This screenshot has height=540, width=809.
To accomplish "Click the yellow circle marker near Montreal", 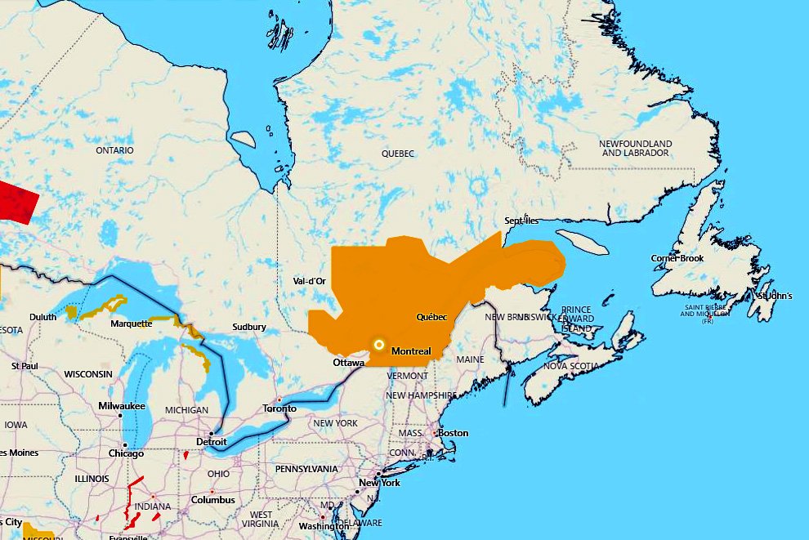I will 378,345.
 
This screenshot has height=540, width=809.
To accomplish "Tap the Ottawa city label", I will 347,362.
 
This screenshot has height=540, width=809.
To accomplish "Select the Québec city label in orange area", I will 431,317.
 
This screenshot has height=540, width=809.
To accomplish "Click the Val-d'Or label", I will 309,281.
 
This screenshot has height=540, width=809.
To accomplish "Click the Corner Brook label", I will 677,258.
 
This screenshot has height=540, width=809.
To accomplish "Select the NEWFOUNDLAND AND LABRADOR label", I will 635,148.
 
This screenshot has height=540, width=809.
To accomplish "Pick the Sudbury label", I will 248,327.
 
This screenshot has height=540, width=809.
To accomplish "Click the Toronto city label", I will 279,408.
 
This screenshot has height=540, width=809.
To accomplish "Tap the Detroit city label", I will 211,442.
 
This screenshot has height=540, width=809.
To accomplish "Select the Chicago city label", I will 126,453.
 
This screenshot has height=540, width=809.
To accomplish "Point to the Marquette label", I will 131,324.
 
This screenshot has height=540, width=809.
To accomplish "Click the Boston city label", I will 454,432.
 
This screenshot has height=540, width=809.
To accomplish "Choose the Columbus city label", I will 212,500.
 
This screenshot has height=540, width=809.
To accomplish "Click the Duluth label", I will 43,317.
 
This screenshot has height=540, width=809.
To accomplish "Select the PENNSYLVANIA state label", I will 306,469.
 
